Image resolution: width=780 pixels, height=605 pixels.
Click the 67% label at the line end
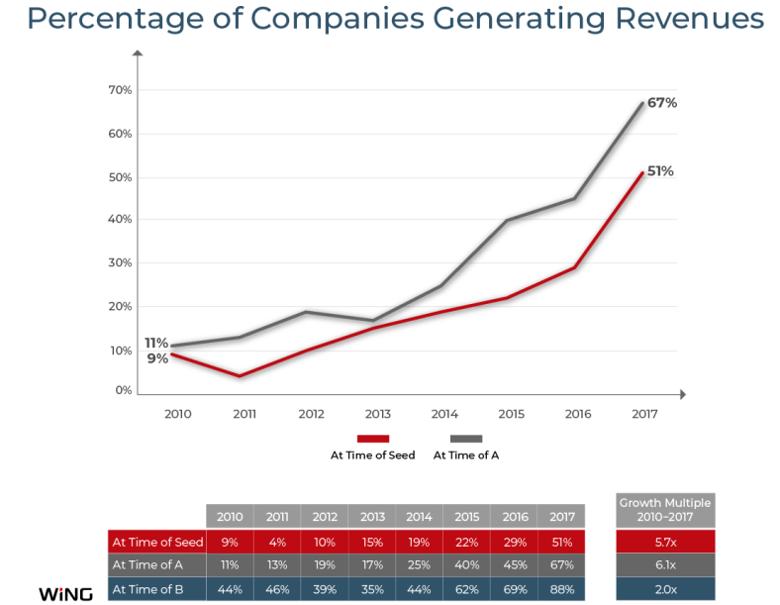pos(662,103)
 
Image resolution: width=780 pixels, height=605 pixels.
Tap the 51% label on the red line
pos(660,171)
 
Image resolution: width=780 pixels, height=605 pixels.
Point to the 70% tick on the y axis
pos(120,90)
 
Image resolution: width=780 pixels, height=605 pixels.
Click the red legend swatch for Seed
pos(372,438)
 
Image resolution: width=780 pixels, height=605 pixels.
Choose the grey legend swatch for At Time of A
pos(465,438)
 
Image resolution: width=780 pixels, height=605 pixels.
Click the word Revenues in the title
pos(678,19)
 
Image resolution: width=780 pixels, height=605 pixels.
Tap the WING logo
pos(65,593)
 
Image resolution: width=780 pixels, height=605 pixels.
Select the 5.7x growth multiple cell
pos(665,542)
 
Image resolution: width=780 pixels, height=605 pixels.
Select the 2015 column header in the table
pos(466,517)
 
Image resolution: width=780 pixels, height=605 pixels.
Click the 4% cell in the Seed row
pos(277,542)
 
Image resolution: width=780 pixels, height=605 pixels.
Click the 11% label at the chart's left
pos(155,343)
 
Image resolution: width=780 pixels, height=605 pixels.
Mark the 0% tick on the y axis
pos(123,391)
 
